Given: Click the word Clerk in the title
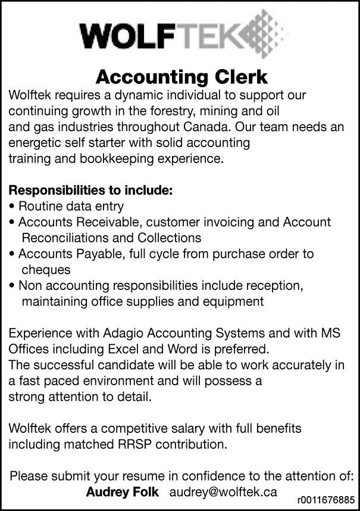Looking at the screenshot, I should (238, 77).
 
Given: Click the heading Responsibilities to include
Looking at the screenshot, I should (90, 191).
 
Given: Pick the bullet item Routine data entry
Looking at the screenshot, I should (71, 207).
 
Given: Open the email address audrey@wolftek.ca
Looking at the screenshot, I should (223, 492).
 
